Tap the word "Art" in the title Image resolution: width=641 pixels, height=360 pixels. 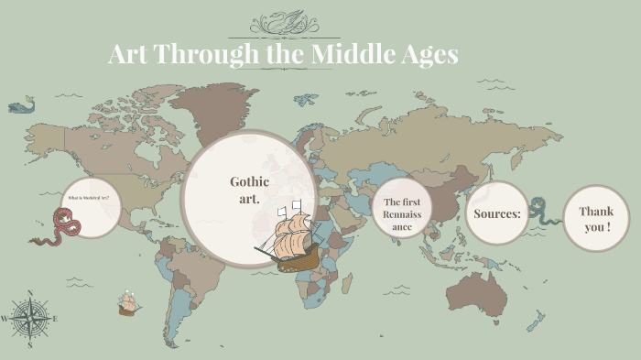point(128,54)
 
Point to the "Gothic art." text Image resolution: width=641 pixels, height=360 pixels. point(249,190)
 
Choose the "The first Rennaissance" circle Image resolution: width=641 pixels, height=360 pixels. point(402,213)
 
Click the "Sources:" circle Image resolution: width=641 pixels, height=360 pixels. point(497,213)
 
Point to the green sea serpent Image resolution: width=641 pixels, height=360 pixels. point(540,211)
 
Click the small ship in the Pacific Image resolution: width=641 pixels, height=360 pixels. point(127,303)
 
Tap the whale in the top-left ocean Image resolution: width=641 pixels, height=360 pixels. point(20,106)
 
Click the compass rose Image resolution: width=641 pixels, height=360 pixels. point(30,319)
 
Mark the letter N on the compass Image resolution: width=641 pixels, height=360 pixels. point(30,293)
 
